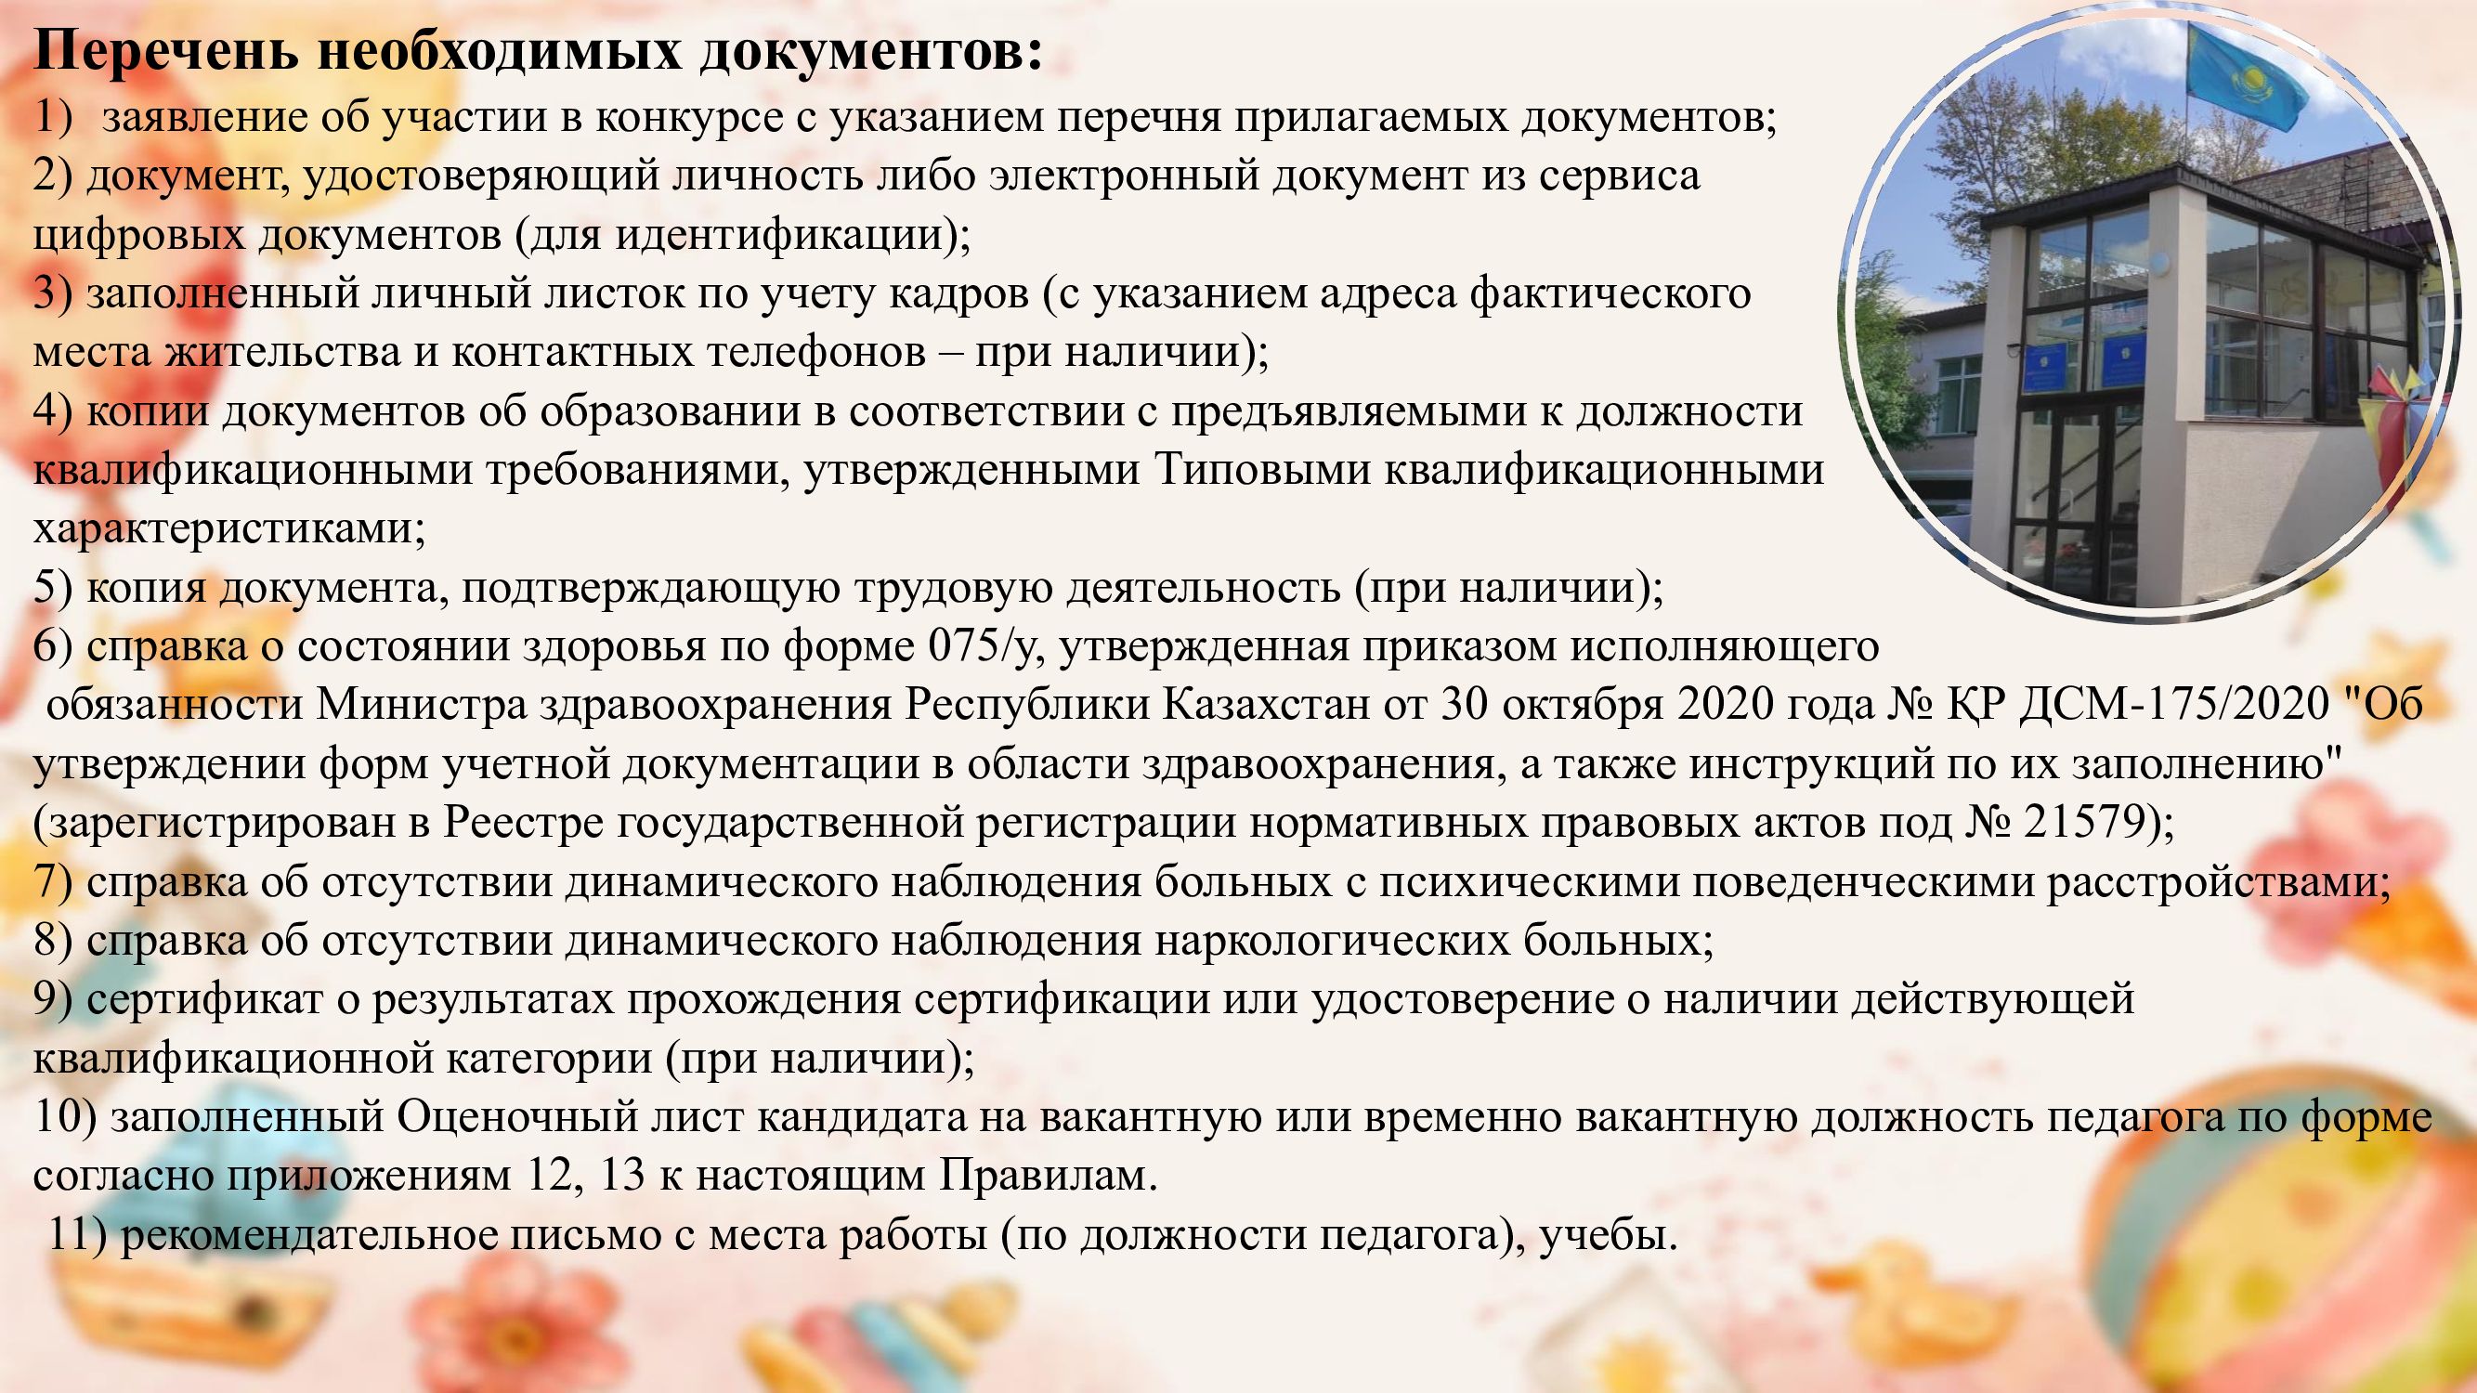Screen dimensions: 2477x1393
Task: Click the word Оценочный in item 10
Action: coord(518,1118)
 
